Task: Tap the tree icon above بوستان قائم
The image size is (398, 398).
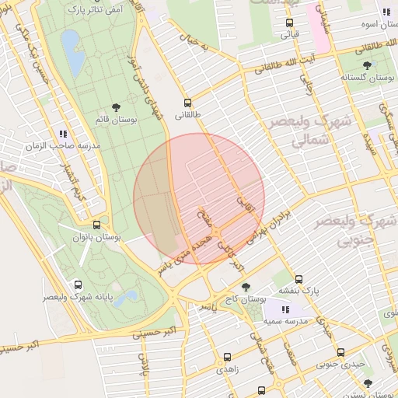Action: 116,107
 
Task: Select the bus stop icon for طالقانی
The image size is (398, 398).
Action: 187,103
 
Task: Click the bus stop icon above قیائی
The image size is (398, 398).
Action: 289,23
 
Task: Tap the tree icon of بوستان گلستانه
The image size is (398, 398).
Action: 366,66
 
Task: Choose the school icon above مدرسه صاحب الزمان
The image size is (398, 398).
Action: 62,134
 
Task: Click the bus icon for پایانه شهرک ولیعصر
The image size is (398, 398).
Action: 77,285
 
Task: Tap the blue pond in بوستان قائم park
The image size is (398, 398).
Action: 72,48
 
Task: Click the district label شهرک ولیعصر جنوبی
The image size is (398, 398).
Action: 350,229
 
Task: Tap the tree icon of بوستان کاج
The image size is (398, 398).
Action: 246,288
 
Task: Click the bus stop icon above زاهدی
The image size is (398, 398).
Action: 226,358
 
